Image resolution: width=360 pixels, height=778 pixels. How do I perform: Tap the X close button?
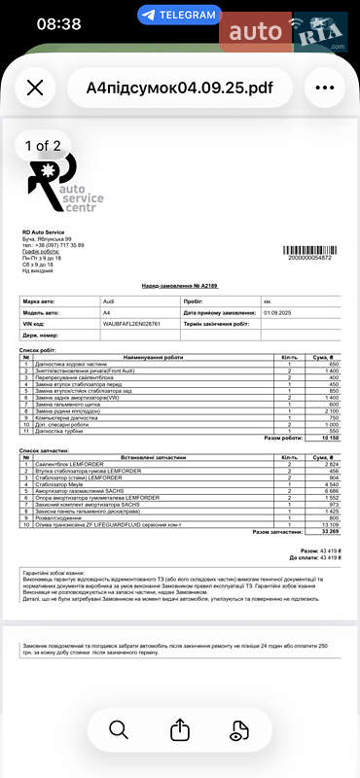pyautogui.click(x=35, y=88)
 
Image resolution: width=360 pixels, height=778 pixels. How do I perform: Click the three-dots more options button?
pyautogui.click(x=324, y=88)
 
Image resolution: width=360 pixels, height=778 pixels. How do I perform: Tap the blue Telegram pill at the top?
pyautogui.click(x=178, y=15)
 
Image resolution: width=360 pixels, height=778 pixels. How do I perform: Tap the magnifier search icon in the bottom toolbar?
pyautogui.click(x=119, y=729)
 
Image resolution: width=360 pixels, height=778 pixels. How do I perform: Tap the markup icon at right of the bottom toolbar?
pyautogui.click(x=240, y=729)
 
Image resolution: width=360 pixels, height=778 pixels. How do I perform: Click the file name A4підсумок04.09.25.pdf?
pyautogui.click(x=180, y=88)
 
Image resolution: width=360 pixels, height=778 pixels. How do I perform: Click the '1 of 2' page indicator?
pyautogui.click(x=43, y=146)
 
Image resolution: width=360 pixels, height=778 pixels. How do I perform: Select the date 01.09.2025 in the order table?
pyautogui.click(x=277, y=312)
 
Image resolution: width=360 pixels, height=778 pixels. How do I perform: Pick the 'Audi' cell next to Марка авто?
pyautogui.click(x=108, y=302)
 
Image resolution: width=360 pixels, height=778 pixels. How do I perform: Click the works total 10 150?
pyautogui.click(x=327, y=439)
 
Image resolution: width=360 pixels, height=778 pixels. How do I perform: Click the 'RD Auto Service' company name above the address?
pyautogui.click(x=44, y=232)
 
